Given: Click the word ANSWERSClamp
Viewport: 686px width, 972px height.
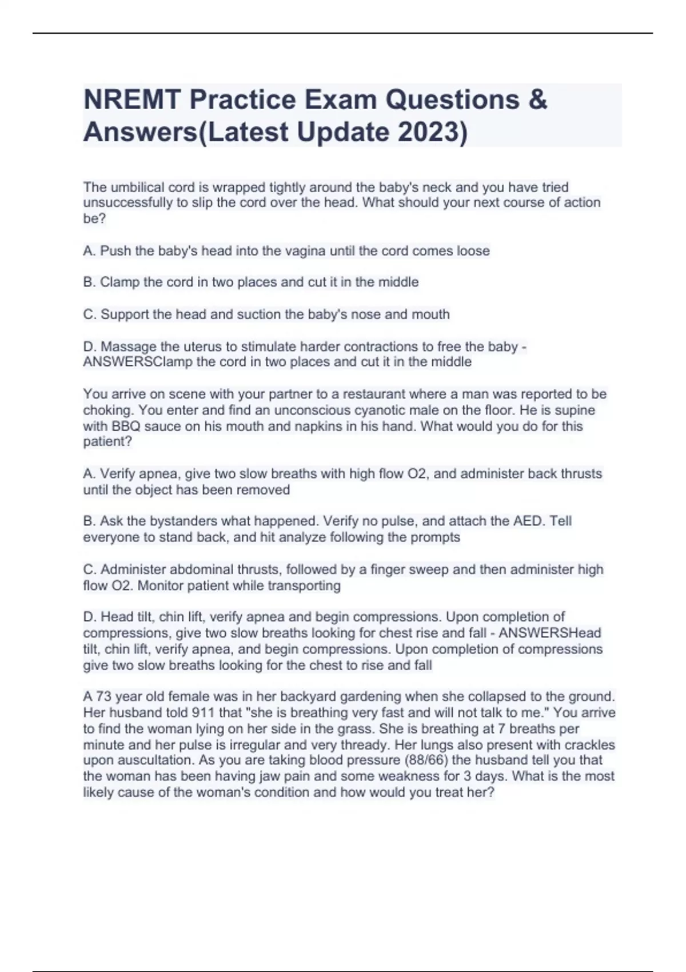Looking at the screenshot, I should (137, 362).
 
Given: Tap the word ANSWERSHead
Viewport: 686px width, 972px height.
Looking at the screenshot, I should (549, 633).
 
